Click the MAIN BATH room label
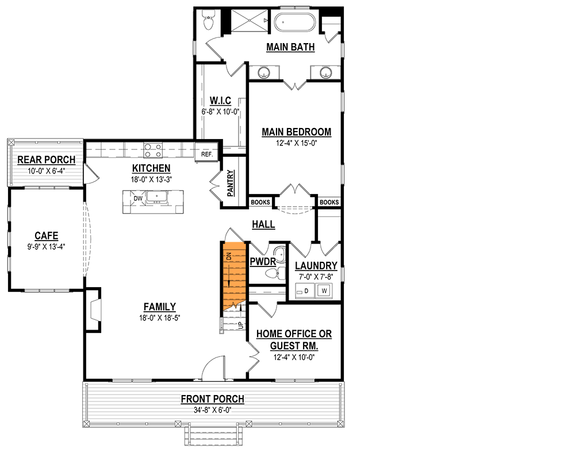[290, 47]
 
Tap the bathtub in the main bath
[294, 24]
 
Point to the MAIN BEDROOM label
[296, 132]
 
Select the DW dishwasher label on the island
[137, 199]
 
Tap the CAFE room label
[46, 235]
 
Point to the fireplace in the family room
[94, 310]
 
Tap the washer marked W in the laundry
[324, 291]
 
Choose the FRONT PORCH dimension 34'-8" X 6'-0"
[212, 409]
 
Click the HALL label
[263, 225]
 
